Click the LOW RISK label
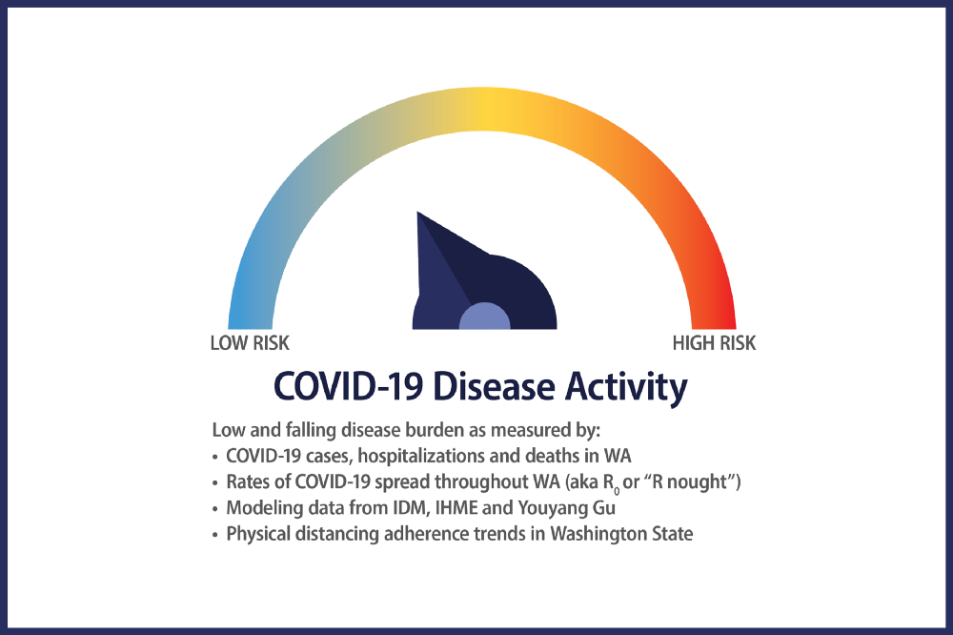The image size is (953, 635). (x=250, y=343)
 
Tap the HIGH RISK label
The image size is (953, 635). (x=714, y=343)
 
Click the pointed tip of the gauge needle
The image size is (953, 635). (x=417, y=213)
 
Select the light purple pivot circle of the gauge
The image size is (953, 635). (x=484, y=317)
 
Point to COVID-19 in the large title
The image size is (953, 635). (x=348, y=387)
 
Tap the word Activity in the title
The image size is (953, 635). (x=626, y=388)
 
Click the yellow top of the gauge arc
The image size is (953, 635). (x=482, y=109)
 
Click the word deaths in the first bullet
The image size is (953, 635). (x=558, y=456)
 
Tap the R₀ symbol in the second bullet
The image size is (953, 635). (x=610, y=483)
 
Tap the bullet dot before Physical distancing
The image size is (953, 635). (x=214, y=535)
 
